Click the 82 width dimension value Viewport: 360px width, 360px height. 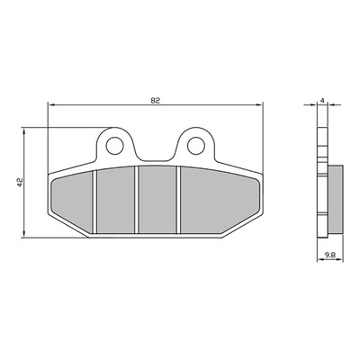click(155, 101)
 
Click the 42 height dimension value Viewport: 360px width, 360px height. click(20, 183)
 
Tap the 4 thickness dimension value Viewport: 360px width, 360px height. click(322, 101)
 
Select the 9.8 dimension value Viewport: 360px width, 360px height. click(329, 255)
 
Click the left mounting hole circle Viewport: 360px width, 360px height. click(115, 146)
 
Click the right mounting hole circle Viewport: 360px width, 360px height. click(196, 146)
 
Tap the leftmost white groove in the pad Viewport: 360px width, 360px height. click(94, 202)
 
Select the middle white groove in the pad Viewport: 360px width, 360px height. click(137, 200)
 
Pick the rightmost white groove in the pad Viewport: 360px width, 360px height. click(178, 200)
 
